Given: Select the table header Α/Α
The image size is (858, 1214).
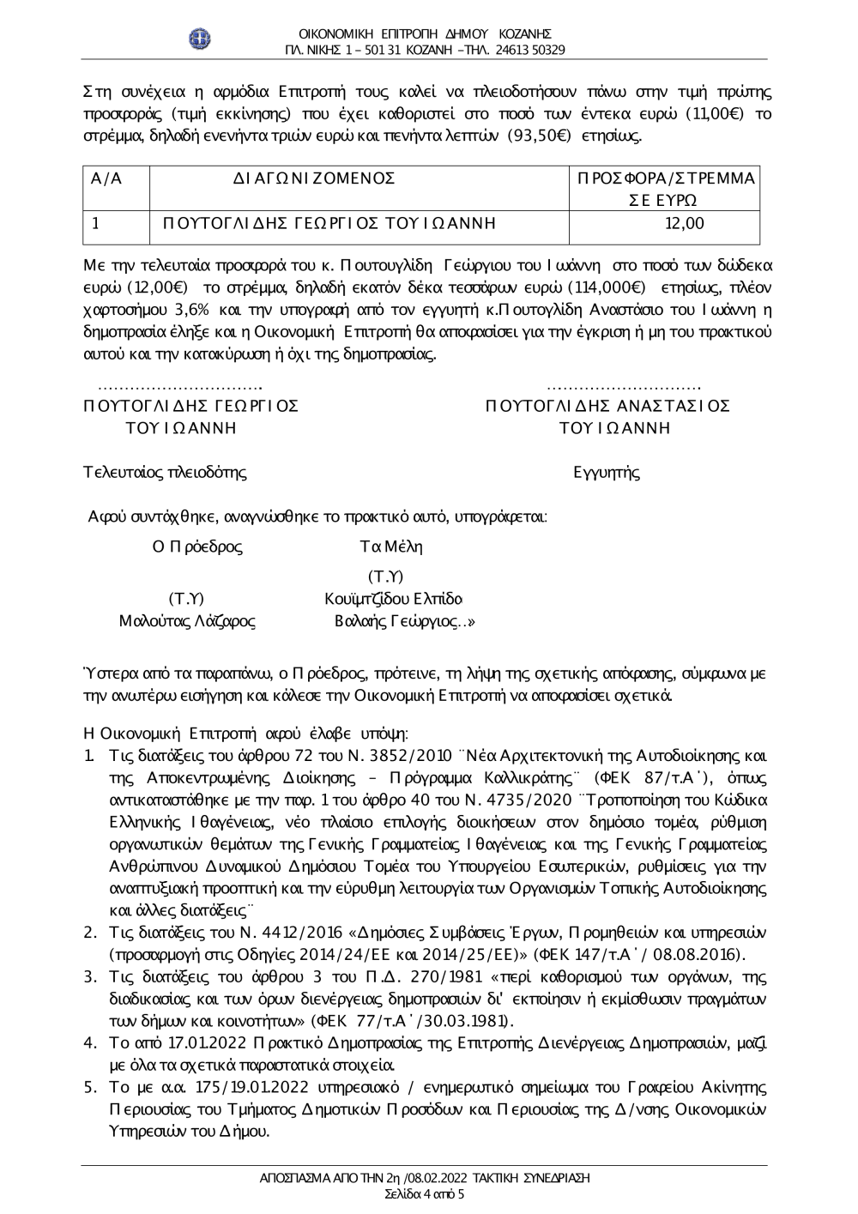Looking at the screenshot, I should point(106,178).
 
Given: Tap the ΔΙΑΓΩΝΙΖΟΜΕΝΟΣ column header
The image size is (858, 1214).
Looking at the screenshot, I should point(314,178).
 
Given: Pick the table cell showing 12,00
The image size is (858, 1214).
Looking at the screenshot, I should point(684,224).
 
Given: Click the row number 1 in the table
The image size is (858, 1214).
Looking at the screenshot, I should point(96,224).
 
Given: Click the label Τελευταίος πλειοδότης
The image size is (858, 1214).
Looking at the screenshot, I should point(165,472).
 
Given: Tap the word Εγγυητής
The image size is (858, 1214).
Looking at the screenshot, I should point(607,472).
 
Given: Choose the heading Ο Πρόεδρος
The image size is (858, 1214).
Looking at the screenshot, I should point(197,547).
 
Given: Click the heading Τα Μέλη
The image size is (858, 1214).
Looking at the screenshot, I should point(391,547).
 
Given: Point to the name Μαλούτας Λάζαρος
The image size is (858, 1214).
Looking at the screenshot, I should point(187,621).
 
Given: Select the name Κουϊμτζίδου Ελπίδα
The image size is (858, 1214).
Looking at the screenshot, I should point(394,598).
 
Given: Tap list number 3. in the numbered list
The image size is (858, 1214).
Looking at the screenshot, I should point(90,976).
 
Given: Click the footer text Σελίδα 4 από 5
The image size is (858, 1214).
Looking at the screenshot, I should point(425,1194).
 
